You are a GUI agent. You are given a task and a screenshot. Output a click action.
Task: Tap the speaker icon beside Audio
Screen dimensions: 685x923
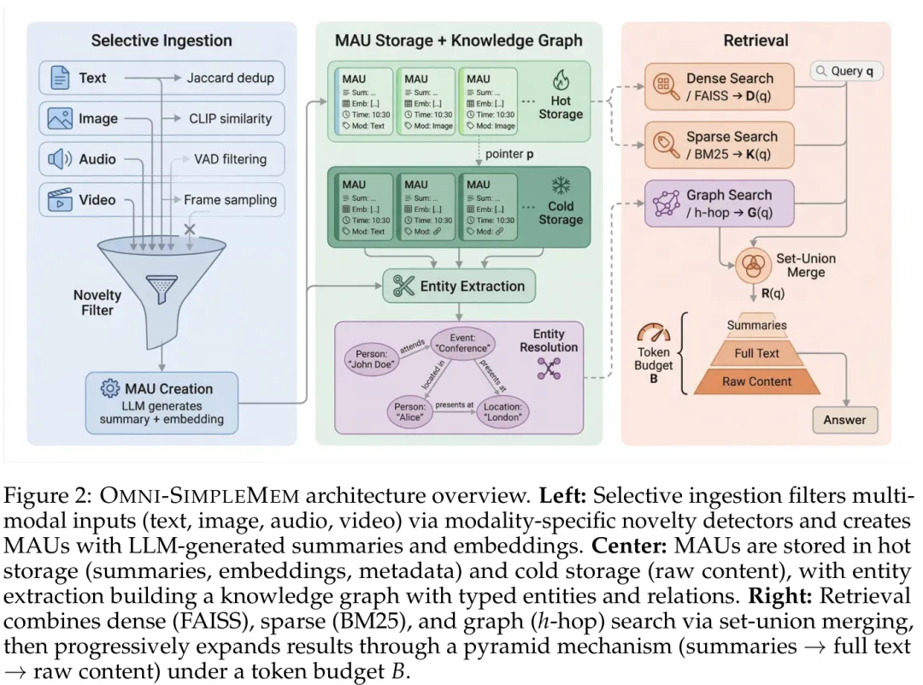60,159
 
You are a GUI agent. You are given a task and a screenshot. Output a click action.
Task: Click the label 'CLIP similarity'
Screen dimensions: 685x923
230,119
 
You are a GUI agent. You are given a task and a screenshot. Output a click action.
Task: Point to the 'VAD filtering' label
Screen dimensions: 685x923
230,159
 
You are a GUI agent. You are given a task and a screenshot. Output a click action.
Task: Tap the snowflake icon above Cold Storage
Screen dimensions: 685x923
561,186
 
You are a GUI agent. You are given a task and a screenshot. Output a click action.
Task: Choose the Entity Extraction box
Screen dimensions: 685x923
459,286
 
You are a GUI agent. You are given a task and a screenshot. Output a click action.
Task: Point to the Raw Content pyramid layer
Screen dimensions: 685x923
757,381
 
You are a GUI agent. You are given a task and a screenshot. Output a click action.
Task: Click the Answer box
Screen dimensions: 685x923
844,420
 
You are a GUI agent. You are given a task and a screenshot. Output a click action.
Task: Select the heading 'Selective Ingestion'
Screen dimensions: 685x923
162,39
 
